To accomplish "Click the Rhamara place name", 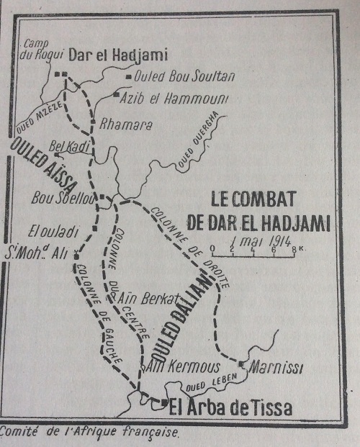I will click(125, 124).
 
